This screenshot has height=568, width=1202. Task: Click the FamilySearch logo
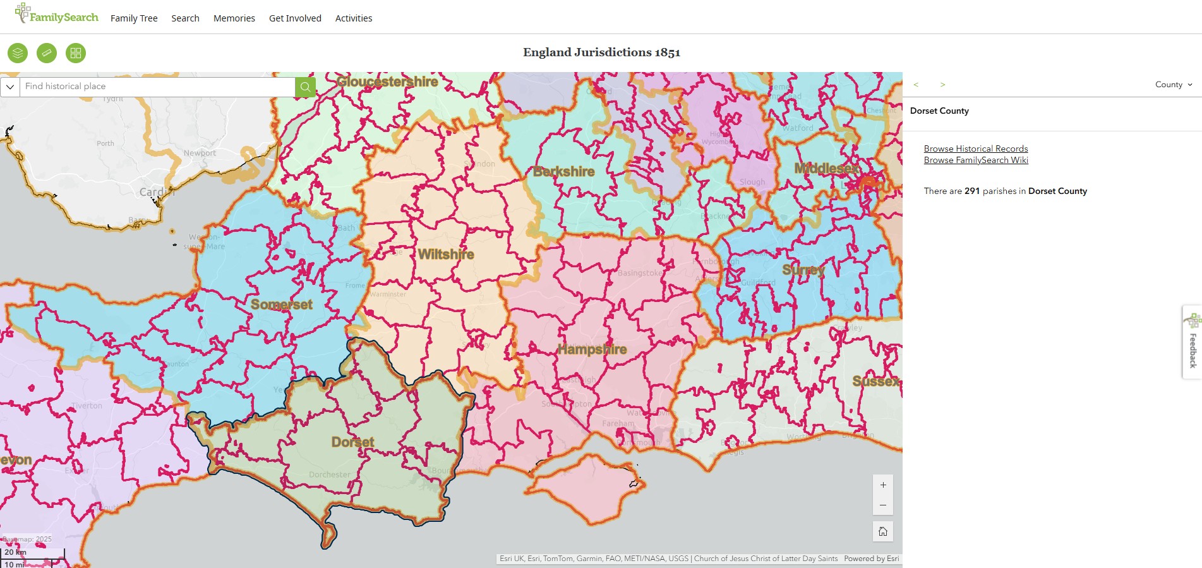pyautogui.click(x=57, y=15)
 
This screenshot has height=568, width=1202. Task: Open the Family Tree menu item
pyautogui.click(x=134, y=18)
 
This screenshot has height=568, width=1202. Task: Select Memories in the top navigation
pyautogui.click(x=234, y=18)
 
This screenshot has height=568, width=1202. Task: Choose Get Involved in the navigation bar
pyautogui.click(x=295, y=18)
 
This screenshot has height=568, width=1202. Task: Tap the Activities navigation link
pyautogui.click(x=354, y=18)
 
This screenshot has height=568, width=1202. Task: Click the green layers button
pyautogui.click(x=18, y=53)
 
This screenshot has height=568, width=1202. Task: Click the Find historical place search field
pyautogui.click(x=158, y=87)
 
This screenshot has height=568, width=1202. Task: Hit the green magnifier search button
pyautogui.click(x=305, y=87)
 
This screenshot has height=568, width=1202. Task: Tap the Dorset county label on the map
pyautogui.click(x=352, y=442)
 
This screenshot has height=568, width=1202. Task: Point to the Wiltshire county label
pyautogui.click(x=446, y=255)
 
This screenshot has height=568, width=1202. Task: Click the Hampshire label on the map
pyautogui.click(x=592, y=349)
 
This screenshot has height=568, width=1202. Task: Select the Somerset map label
pyautogui.click(x=282, y=305)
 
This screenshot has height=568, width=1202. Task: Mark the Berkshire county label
pyautogui.click(x=564, y=172)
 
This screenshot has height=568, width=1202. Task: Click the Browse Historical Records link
pyautogui.click(x=976, y=148)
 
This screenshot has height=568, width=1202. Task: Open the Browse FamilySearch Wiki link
pyautogui.click(x=976, y=160)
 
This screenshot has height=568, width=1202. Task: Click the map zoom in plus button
pyautogui.click(x=883, y=485)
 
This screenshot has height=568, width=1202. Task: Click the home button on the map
pyautogui.click(x=883, y=531)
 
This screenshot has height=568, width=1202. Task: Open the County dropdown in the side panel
pyautogui.click(x=1174, y=85)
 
